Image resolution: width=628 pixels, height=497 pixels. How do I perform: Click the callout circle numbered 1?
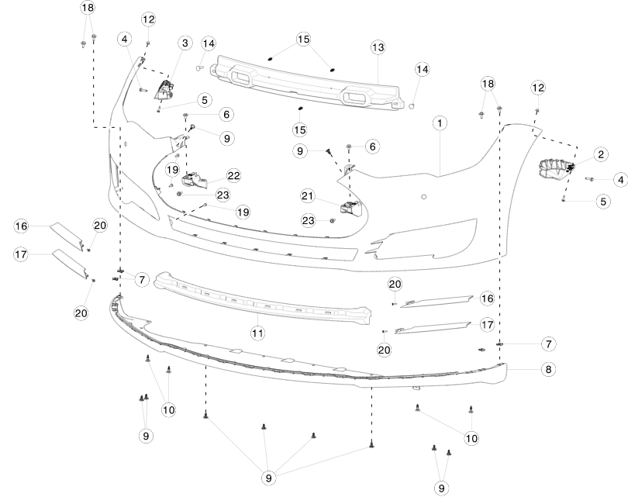[440, 123]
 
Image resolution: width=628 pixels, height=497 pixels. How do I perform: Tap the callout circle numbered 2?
[600, 154]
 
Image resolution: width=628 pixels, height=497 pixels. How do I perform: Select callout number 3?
[185, 43]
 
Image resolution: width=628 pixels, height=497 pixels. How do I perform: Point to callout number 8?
[548, 370]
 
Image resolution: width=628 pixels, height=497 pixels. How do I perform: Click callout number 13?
[378, 47]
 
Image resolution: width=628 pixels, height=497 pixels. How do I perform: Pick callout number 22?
[234, 175]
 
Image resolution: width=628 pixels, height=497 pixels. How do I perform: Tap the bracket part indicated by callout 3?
[165, 91]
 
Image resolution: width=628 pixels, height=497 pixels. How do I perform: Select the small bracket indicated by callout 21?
[350, 207]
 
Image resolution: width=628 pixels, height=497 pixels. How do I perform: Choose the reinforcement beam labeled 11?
[256, 295]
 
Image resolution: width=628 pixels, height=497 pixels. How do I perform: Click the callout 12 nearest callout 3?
[148, 19]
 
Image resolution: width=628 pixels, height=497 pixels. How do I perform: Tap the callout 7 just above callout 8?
[547, 343]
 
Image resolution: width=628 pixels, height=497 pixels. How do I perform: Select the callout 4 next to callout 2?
[619, 179]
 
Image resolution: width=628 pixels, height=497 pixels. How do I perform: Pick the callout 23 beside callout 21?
[309, 220]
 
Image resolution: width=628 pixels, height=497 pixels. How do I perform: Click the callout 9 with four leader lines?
[269, 478]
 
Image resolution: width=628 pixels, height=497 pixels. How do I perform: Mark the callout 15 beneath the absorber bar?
[300, 129]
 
